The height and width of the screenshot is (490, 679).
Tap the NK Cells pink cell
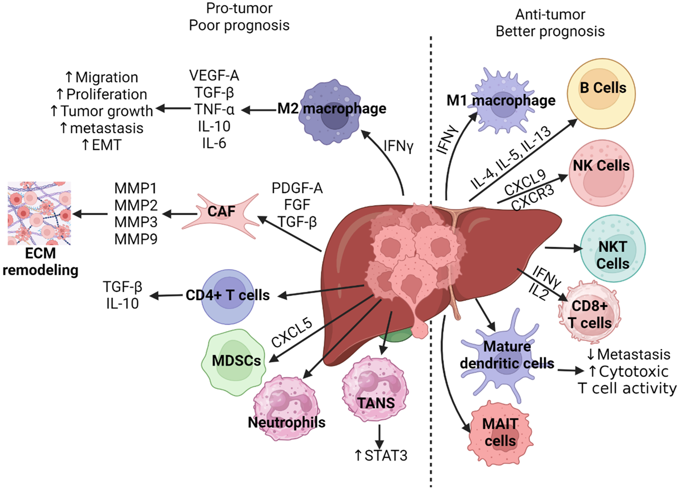[602, 173]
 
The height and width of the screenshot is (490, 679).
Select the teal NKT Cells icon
[612, 249]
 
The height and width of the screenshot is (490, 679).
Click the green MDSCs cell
[234, 362]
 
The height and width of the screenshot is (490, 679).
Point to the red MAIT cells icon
[501, 433]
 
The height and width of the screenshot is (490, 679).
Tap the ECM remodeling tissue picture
[39, 213]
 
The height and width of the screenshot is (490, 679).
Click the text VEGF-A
[214, 76]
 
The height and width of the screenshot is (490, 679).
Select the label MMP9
[136, 239]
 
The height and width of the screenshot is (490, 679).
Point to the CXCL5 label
[292, 333]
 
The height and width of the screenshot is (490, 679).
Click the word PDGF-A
[297, 188]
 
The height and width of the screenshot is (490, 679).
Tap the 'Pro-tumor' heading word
[239, 8]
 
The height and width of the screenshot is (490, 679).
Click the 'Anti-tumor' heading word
[550, 14]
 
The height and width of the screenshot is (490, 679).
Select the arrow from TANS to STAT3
[379, 435]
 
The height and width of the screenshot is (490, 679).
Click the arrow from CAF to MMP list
[179, 214]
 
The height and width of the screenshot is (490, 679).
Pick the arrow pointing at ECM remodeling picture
[90, 214]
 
